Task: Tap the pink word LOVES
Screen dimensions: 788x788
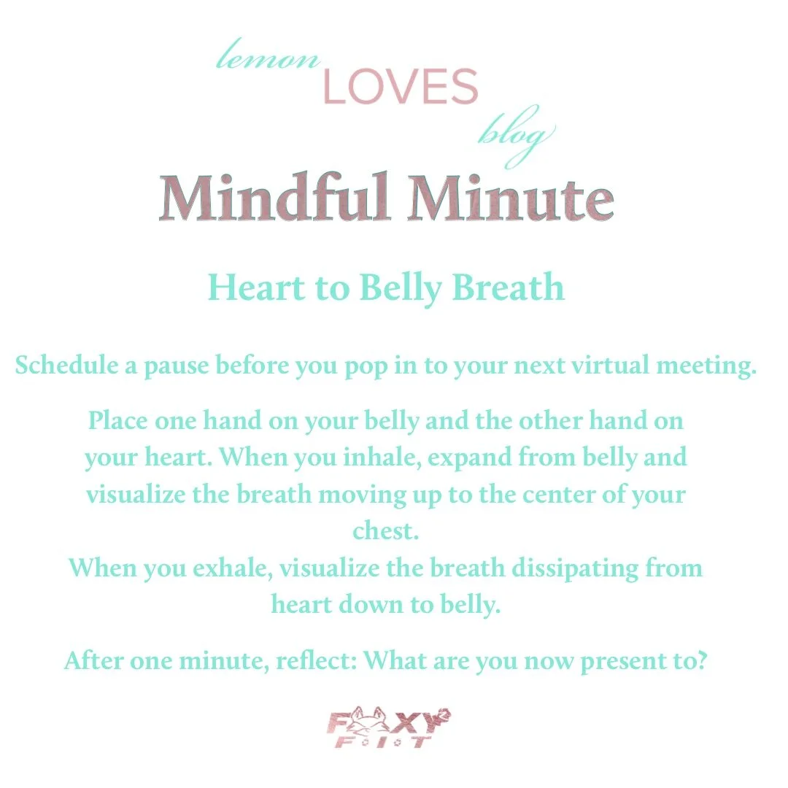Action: point(400,88)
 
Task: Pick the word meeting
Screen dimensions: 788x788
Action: point(708,366)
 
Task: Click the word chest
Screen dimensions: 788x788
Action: point(386,531)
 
